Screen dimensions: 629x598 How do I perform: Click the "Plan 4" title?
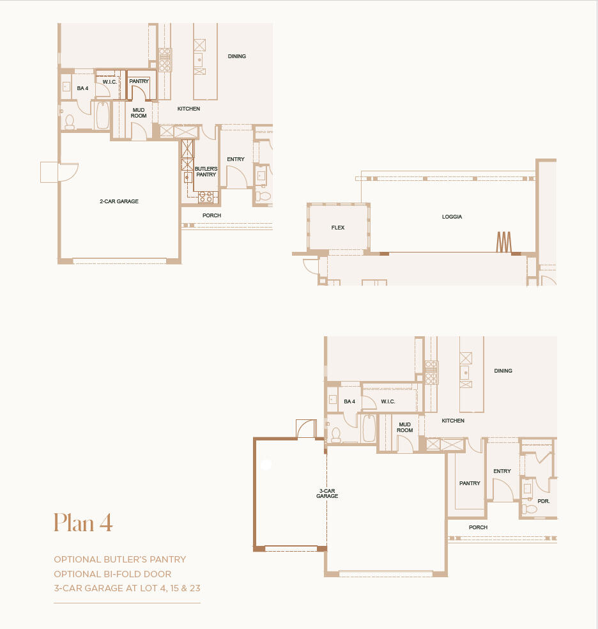click(83, 522)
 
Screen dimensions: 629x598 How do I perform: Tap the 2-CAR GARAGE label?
click(119, 201)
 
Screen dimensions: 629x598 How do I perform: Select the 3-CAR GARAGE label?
click(327, 493)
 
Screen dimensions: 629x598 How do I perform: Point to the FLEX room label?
click(338, 228)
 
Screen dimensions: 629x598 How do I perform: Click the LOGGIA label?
click(452, 217)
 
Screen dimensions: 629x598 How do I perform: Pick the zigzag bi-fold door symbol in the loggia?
click(503, 242)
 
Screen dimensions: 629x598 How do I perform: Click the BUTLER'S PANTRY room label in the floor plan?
click(206, 171)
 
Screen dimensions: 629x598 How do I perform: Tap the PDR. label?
click(544, 501)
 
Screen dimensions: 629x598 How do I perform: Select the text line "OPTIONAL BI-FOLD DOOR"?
click(112, 573)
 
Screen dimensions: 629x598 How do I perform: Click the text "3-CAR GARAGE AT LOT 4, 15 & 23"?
click(126, 587)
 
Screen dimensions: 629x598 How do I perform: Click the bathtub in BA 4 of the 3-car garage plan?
click(369, 428)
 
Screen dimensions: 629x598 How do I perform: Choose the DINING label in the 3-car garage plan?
click(503, 371)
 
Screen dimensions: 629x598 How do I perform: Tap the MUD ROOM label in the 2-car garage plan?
click(139, 113)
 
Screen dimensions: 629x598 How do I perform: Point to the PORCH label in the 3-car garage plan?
click(478, 527)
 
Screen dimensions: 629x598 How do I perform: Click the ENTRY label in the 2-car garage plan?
click(235, 159)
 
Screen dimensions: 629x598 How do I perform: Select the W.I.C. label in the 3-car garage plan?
click(388, 401)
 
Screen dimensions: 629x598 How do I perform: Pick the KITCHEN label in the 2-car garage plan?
click(188, 109)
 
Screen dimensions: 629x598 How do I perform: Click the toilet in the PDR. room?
click(530, 509)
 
